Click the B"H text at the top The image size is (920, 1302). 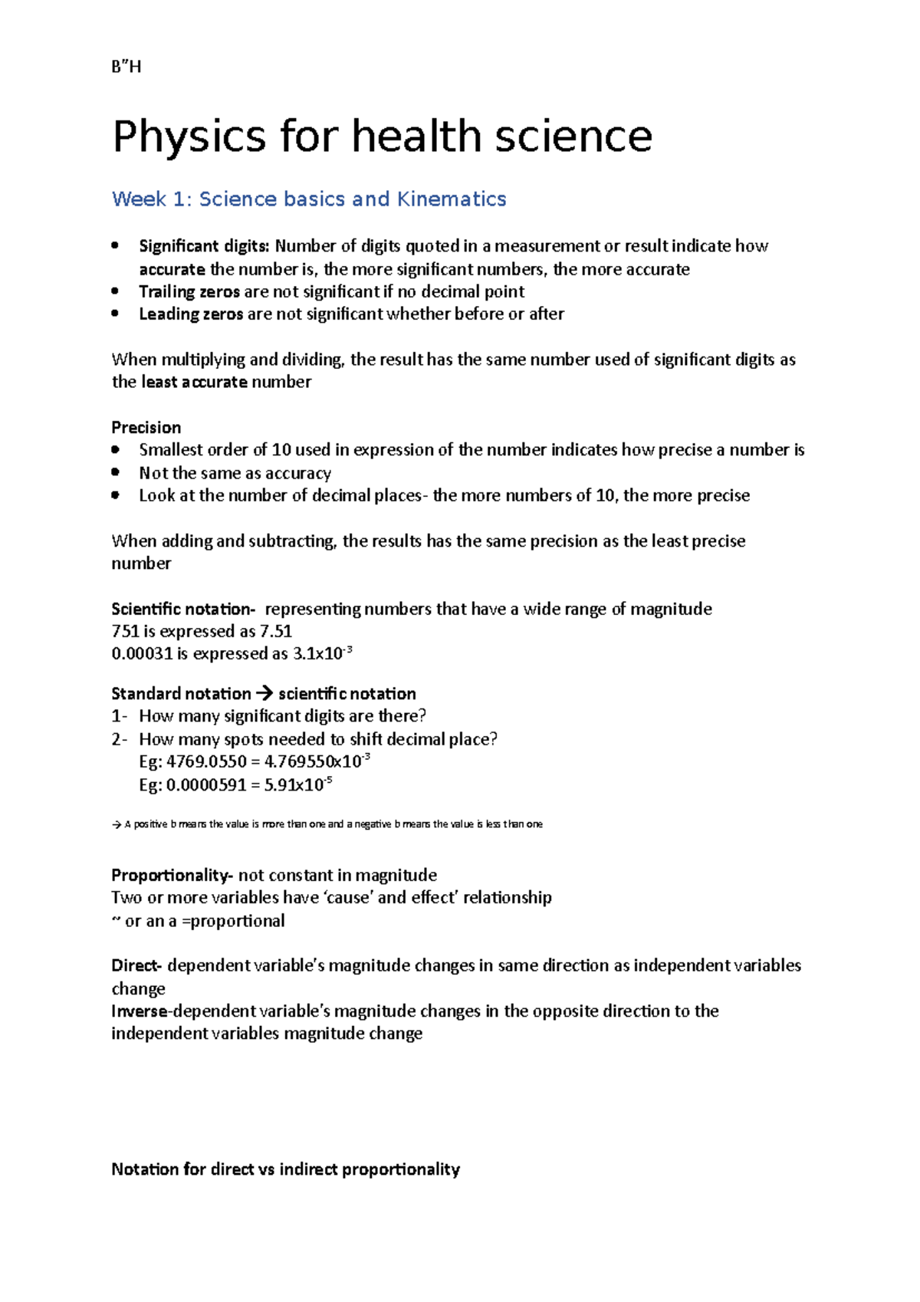coord(127,67)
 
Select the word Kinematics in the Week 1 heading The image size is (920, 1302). coord(451,199)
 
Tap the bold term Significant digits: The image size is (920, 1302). coord(204,246)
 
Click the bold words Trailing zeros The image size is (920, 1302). coord(189,291)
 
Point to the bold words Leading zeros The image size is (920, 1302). coord(191,314)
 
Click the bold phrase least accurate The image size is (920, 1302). coord(195,382)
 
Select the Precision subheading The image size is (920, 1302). coord(146,427)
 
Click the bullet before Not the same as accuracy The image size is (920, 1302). coord(116,472)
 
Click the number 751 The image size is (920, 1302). coord(125,631)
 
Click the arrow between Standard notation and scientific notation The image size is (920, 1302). coord(264,694)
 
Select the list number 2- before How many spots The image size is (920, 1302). coord(119,739)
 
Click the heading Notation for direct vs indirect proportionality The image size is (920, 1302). coord(285,1169)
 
